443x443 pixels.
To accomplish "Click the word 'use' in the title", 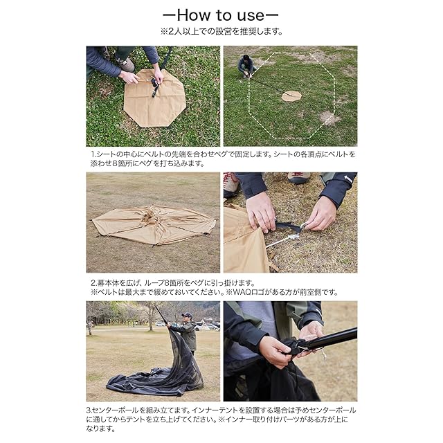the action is tap(251, 16).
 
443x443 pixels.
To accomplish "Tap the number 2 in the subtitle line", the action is tap(172, 31).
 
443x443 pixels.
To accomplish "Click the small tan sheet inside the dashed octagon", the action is tap(292, 96).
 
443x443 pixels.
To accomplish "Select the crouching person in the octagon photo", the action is tap(247, 66).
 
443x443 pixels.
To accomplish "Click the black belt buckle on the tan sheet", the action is tap(155, 84).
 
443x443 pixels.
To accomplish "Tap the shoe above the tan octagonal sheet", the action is tap(125, 64).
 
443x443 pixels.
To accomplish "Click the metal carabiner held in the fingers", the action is tap(302, 226).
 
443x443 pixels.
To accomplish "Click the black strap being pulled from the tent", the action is tap(287, 226).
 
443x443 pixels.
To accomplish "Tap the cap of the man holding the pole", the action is tap(187, 314).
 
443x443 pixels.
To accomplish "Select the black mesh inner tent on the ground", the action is tap(158, 374).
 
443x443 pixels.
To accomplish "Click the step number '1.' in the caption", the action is tap(93, 154).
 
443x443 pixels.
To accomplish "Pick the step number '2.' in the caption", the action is tap(94, 283).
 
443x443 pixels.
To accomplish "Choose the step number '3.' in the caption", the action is tap(89, 410).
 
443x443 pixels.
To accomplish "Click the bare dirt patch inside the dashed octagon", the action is tap(329, 118).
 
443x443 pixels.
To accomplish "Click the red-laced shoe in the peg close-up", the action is tap(230, 184).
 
